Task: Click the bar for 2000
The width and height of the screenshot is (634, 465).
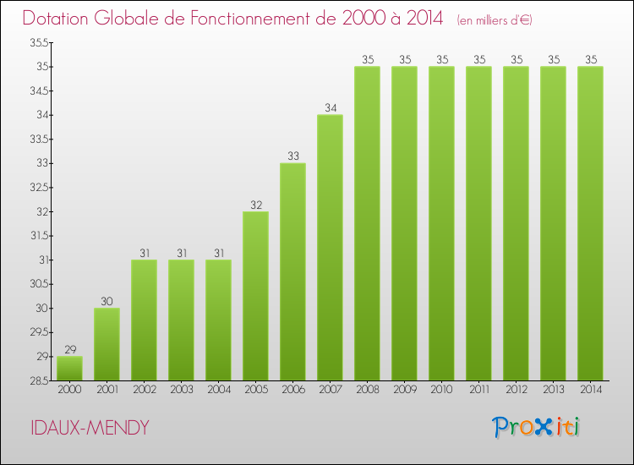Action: [x=69, y=369]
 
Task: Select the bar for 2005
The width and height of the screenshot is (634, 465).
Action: [x=255, y=296]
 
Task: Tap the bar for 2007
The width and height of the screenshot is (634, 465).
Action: [x=330, y=248]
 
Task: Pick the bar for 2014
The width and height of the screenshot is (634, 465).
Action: [x=590, y=223]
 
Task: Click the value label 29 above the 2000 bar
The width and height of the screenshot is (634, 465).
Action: [x=70, y=349]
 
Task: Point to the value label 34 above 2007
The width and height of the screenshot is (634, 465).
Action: [x=331, y=107]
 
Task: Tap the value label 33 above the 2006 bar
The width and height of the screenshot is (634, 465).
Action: [x=293, y=156]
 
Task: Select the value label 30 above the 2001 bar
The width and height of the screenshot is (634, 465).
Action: [x=107, y=301]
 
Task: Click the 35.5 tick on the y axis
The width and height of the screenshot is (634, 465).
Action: [x=39, y=42]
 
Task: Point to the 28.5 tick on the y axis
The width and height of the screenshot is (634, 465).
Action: [x=39, y=380]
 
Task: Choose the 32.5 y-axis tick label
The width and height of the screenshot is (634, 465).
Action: [x=39, y=187]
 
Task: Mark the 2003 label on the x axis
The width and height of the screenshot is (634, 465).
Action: [x=182, y=390]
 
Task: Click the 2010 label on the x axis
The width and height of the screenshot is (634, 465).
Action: [x=441, y=390]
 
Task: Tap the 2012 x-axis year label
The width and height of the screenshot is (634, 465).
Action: [x=516, y=390]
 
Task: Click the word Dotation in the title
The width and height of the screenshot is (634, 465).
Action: [x=56, y=19]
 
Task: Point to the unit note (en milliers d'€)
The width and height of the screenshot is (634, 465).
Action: [x=495, y=20]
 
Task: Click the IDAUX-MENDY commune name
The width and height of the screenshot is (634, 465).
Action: [x=90, y=428]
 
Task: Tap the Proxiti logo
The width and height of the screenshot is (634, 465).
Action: [x=536, y=427]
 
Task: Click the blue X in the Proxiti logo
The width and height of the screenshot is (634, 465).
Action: [x=543, y=428]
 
